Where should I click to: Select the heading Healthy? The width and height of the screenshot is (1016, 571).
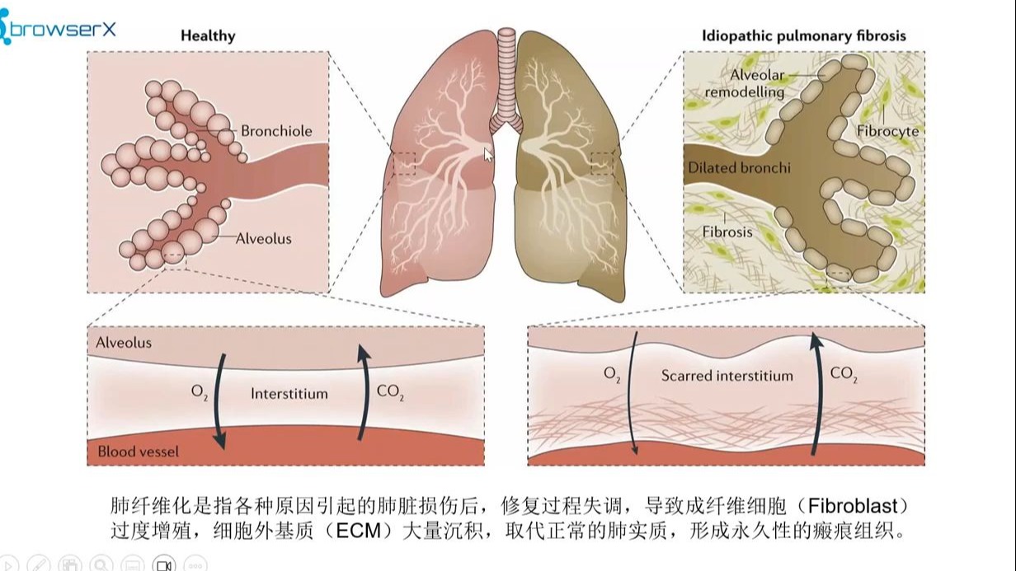pyautogui.click(x=208, y=35)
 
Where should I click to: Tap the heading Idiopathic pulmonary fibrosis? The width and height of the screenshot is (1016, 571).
pyautogui.click(x=803, y=35)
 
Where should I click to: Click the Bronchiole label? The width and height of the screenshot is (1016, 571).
pyautogui.click(x=276, y=131)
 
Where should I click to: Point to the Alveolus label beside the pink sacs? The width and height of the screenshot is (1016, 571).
pyautogui.click(x=263, y=239)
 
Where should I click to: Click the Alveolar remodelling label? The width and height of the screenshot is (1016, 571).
pyautogui.click(x=745, y=84)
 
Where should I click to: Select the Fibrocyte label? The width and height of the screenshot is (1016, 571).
pyautogui.click(x=887, y=131)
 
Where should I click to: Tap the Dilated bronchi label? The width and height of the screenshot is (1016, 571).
pyautogui.click(x=739, y=168)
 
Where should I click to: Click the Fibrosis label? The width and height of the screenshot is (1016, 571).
pyautogui.click(x=727, y=232)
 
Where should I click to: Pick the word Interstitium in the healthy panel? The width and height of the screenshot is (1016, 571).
pyautogui.click(x=289, y=394)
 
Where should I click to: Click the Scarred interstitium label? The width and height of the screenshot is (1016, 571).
pyautogui.click(x=727, y=376)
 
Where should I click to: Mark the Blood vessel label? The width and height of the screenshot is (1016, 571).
pyautogui.click(x=138, y=452)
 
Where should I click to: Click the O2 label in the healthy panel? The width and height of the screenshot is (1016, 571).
pyautogui.click(x=200, y=393)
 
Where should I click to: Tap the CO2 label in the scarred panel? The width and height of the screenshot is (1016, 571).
pyautogui.click(x=844, y=375)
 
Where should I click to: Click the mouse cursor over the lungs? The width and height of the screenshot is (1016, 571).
pyautogui.click(x=488, y=155)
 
